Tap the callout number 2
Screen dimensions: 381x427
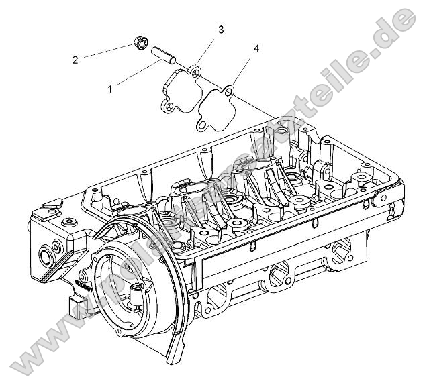coord(75,60)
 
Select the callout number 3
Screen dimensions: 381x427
coord(221,30)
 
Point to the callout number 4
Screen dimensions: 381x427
coord(256,48)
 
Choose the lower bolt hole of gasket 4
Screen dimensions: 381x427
coord(201,123)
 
